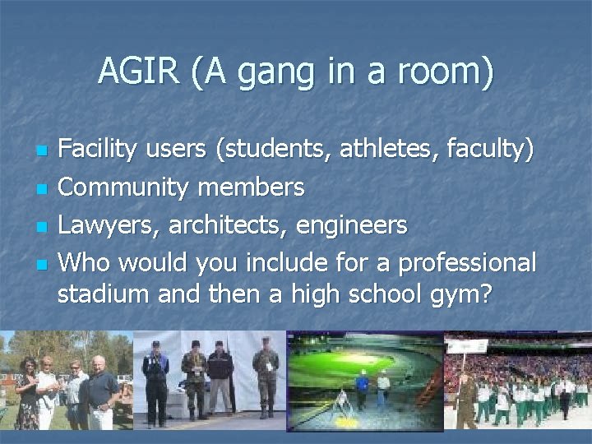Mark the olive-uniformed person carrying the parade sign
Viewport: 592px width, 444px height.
(x=465, y=399)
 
